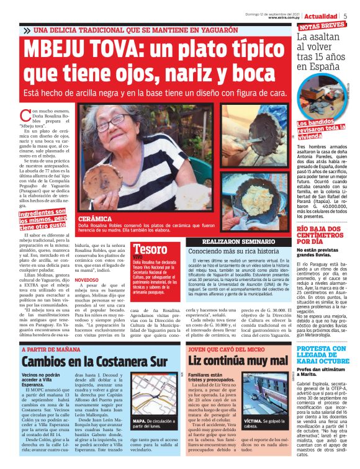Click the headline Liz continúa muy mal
pyautogui.click(x=238, y=360)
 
